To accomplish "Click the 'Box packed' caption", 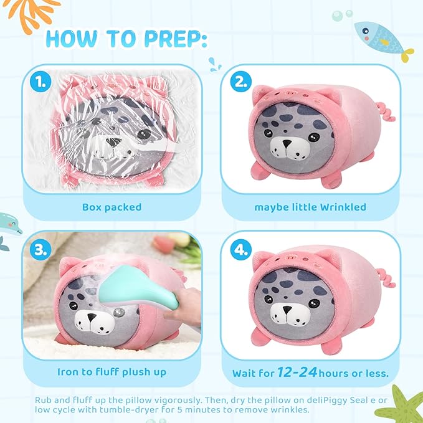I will (112, 207).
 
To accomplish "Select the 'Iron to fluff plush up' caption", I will (112, 372).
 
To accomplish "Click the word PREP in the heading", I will (170, 39).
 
